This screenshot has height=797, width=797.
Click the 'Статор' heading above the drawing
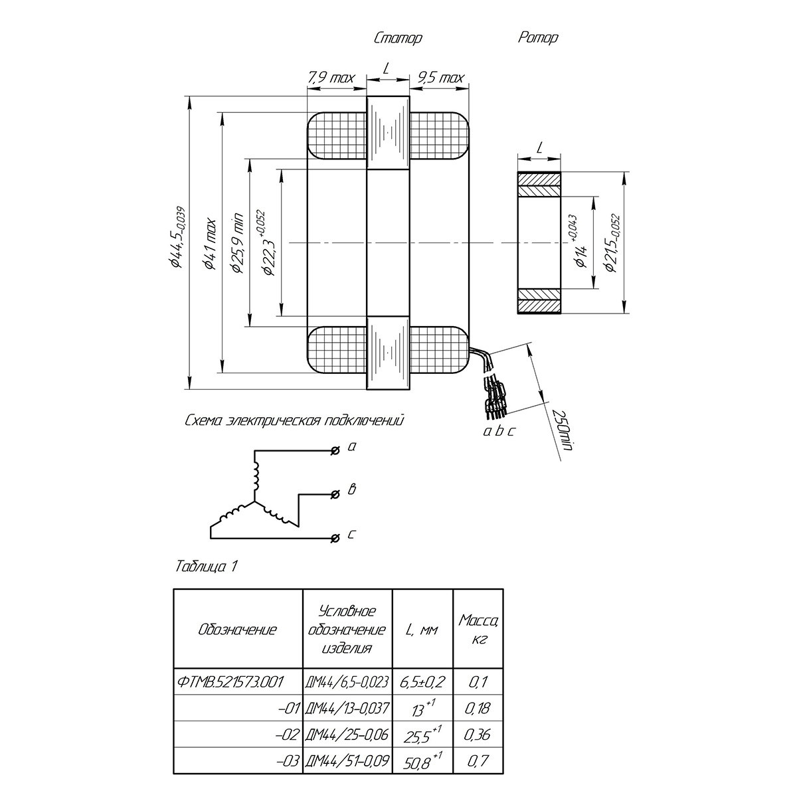[398, 38]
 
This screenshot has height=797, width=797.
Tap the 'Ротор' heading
[538, 38]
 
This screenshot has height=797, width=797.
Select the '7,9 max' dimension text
[331, 77]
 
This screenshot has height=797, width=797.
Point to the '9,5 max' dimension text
[441, 77]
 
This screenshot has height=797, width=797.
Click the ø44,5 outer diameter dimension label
[178, 237]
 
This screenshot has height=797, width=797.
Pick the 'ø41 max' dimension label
[211, 244]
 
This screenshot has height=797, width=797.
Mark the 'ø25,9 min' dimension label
[238, 243]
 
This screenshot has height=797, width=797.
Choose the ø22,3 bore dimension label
[266, 243]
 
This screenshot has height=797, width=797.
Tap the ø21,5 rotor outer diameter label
[612, 243]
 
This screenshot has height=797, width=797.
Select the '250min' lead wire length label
[563, 430]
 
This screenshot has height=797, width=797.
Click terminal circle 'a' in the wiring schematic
[335, 450]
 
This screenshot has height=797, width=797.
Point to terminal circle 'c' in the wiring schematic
[335, 538]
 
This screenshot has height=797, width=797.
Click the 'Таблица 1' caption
[207, 567]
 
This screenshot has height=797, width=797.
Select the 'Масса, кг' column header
[478, 629]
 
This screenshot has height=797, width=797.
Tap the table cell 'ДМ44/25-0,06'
[347, 735]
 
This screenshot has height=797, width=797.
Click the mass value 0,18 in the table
[478, 709]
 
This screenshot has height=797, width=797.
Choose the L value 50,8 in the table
[422, 762]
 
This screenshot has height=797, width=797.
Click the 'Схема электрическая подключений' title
[294, 420]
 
